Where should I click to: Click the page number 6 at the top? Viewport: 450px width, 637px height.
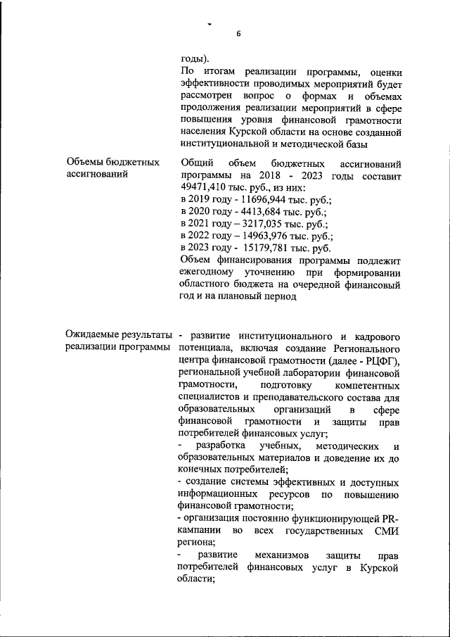[238, 34]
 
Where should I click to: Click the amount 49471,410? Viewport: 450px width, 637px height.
[205, 188]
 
